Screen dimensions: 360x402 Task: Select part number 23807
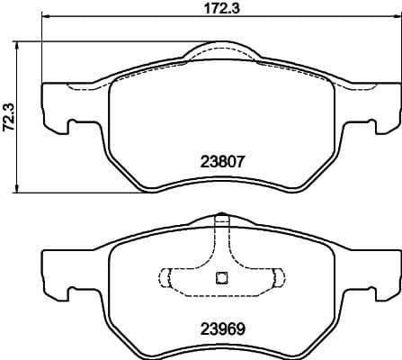(223, 163)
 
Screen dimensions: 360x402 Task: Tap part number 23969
(223, 329)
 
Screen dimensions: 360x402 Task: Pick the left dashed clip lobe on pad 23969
(167, 276)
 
